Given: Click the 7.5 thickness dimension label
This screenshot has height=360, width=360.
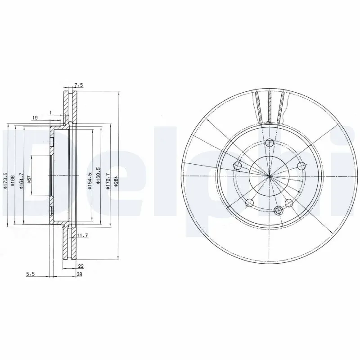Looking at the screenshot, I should click(x=79, y=84).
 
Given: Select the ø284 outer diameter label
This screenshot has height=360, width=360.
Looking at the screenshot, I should click(x=116, y=181).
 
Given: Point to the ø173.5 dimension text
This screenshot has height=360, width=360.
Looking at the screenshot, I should click(x=5, y=181).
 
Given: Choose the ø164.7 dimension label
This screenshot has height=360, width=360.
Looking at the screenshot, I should click(x=21, y=181).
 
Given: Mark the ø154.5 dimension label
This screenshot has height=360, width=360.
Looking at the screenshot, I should click(x=90, y=181).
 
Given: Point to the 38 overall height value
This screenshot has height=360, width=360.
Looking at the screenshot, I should click(x=79, y=274).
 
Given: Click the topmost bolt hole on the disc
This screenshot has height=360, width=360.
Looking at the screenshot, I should click(x=269, y=143).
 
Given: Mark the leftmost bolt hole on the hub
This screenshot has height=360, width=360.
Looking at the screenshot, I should click(x=238, y=166).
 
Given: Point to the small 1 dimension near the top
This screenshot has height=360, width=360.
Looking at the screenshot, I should click(x=51, y=112).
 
